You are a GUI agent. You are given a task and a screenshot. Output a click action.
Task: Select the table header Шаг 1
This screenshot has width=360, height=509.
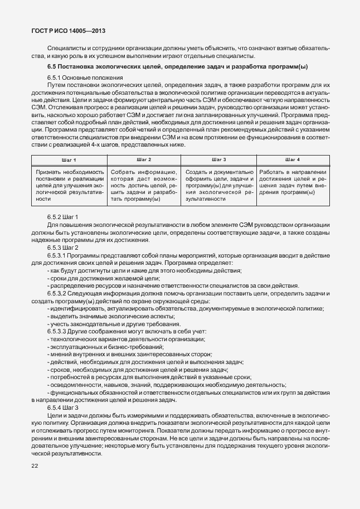pos(70,159)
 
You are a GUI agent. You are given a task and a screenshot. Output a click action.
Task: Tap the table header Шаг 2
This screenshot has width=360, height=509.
pos(144,159)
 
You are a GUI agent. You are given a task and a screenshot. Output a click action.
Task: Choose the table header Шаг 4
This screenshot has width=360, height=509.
pos(293,159)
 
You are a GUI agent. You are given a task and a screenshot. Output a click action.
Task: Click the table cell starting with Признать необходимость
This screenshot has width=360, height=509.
pos(70,185)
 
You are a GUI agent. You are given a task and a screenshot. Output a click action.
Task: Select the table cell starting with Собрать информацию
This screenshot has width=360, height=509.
pos(144,185)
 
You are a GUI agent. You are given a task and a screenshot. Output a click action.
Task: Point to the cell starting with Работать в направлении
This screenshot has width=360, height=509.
pos(293,182)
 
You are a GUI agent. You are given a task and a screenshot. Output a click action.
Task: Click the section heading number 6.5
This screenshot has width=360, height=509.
pos(53,67)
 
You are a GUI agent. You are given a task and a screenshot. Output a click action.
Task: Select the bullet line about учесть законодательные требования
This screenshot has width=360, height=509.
pos(115,324)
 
